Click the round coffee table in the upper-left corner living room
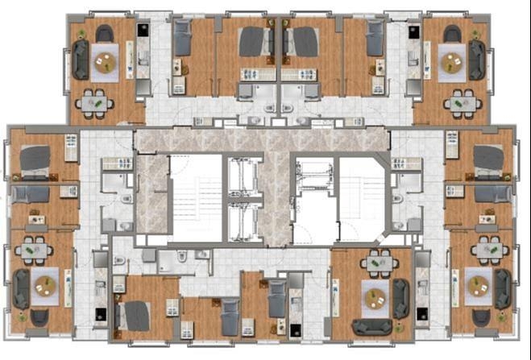point(106,59)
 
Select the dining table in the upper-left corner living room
point(95,102)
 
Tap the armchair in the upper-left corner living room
point(105,33)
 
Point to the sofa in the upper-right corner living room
point(477,60)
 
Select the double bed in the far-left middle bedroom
point(35,159)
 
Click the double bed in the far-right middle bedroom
point(488,159)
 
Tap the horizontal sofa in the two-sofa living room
point(372,326)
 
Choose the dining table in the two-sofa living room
point(375,263)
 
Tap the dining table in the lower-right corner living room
point(491,250)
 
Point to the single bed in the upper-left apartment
point(183,38)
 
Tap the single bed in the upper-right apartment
point(375,38)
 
